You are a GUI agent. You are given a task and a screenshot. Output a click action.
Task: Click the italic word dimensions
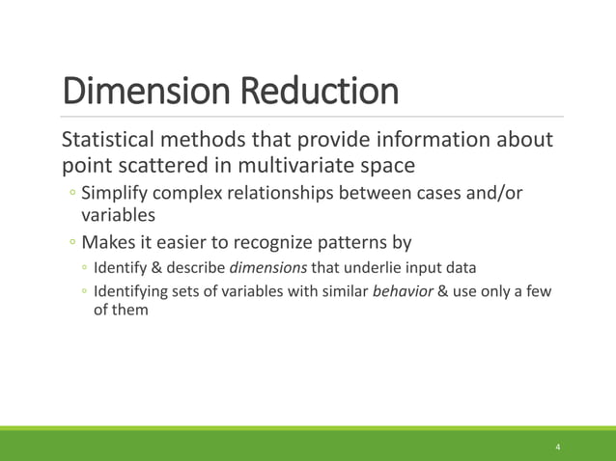coord(267,267)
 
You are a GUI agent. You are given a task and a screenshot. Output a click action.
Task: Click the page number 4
coord(558,447)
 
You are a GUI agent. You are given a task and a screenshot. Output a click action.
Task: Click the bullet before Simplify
coord(72,195)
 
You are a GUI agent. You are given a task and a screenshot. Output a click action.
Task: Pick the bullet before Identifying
coord(85,293)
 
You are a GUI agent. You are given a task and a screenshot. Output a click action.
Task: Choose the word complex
coord(199,194)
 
